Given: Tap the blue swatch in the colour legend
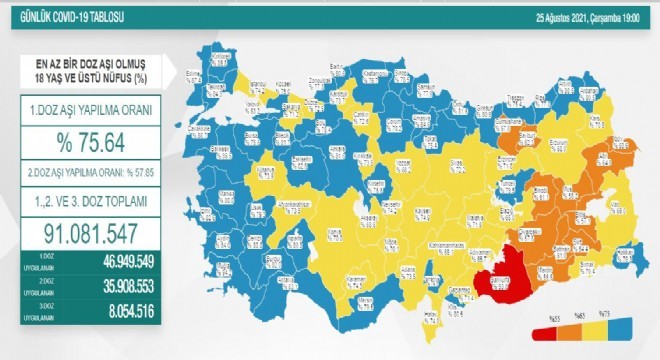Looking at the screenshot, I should click(629, 330).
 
